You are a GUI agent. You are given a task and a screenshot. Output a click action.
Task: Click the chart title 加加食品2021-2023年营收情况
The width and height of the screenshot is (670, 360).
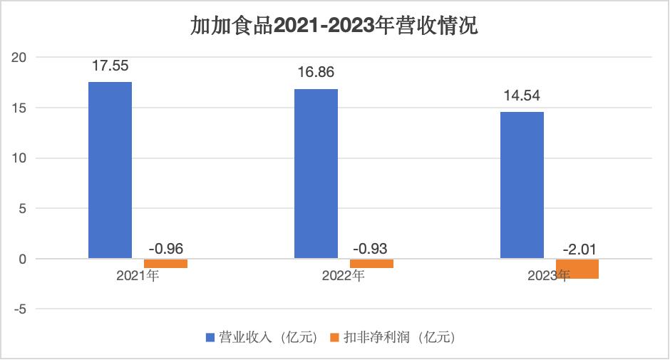334,26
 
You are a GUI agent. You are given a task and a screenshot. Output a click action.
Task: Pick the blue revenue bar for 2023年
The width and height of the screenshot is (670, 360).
522,185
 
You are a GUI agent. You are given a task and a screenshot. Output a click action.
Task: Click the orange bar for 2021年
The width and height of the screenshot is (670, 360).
165,264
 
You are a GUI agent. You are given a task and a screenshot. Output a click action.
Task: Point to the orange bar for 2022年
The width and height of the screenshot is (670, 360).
371,264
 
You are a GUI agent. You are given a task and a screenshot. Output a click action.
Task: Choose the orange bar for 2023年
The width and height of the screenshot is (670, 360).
577,269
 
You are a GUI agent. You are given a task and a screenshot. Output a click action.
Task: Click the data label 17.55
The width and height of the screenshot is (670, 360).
110,66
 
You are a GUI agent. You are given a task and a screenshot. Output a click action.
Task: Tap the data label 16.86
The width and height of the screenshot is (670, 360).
316,73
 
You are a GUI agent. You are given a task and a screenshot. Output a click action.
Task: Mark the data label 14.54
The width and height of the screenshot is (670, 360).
522,96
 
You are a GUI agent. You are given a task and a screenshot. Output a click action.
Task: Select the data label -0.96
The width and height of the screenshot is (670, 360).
165,249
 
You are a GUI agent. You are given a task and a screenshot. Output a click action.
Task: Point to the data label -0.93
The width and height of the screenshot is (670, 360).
371,249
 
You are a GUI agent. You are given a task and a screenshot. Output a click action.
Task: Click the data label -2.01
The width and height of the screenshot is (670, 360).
577,249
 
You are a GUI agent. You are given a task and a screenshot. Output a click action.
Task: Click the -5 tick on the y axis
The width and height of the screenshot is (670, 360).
22,309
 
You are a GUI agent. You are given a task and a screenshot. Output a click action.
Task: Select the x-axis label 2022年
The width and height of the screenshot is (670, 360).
344,276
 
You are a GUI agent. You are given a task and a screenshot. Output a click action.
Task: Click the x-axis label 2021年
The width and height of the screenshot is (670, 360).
138,276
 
